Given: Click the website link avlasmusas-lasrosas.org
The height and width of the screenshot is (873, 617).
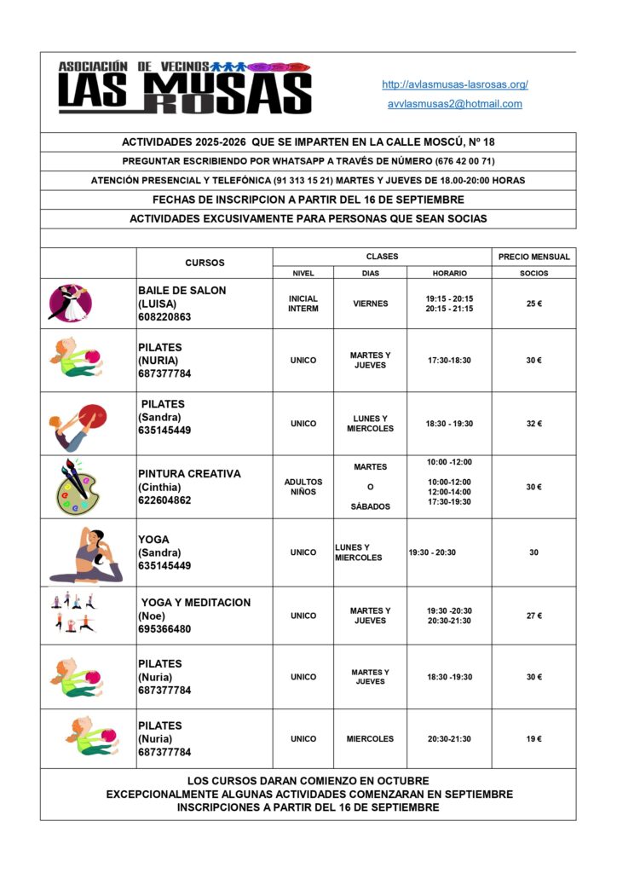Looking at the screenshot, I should [455, 84].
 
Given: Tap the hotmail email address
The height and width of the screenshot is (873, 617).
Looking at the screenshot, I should [455, 104].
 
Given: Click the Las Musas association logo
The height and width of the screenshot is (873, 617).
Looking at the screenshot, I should [184, 88].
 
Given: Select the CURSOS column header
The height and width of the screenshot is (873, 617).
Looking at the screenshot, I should [205, 263].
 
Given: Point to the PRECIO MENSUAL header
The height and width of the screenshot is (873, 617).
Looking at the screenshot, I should [533, 257].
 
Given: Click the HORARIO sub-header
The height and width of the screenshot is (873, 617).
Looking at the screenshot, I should [449, 274].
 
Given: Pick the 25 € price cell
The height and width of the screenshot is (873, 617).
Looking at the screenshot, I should [533, 304].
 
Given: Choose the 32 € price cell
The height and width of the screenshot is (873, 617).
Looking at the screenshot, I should [533, 424].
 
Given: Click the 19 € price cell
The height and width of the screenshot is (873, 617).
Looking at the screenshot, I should [533, 739].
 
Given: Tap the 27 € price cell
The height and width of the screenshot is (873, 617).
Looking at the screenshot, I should [533, 616].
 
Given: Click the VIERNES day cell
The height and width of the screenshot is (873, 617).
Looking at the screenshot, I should [371, 304].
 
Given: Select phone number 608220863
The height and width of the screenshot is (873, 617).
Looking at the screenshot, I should [165, 317].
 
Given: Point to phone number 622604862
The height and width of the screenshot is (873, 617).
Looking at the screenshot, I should [165, 500].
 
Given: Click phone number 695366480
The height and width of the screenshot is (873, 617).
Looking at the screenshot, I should [165, 629].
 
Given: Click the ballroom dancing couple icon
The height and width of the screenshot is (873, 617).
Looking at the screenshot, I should [70, 304].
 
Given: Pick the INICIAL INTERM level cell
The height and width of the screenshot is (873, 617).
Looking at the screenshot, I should [303, 304].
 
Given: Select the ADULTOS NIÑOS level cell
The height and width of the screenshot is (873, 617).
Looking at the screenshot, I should [303, 487].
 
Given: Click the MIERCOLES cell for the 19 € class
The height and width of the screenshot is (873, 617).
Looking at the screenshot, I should [371, 739].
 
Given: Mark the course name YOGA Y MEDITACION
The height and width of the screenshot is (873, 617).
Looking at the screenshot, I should [196, 602].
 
